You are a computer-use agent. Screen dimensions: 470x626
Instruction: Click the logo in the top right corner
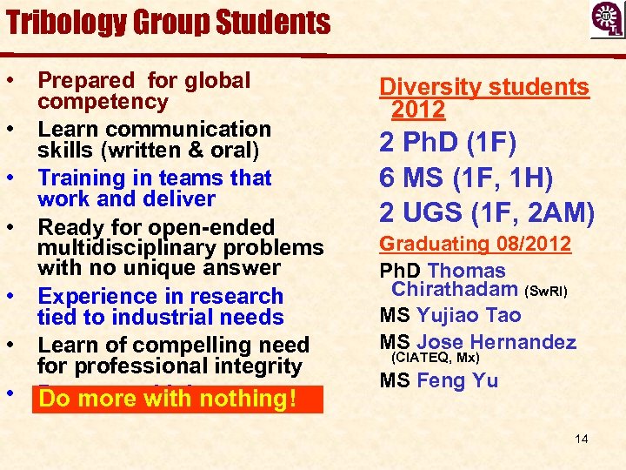[606, 20]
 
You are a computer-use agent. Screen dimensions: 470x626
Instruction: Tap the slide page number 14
[581, 439]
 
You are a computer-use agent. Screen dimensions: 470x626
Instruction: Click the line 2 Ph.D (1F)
[447, 143]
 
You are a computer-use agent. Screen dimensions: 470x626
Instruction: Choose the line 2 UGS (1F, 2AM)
[487, 211]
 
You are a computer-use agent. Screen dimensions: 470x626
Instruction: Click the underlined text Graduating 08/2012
[476, 244]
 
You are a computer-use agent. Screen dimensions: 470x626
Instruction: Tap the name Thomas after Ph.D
[466, 271]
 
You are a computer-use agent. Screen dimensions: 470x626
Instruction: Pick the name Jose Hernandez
[496, 341]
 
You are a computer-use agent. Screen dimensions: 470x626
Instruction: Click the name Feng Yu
[457, 380]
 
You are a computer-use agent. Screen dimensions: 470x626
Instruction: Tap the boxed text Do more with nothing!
[169, 399]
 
